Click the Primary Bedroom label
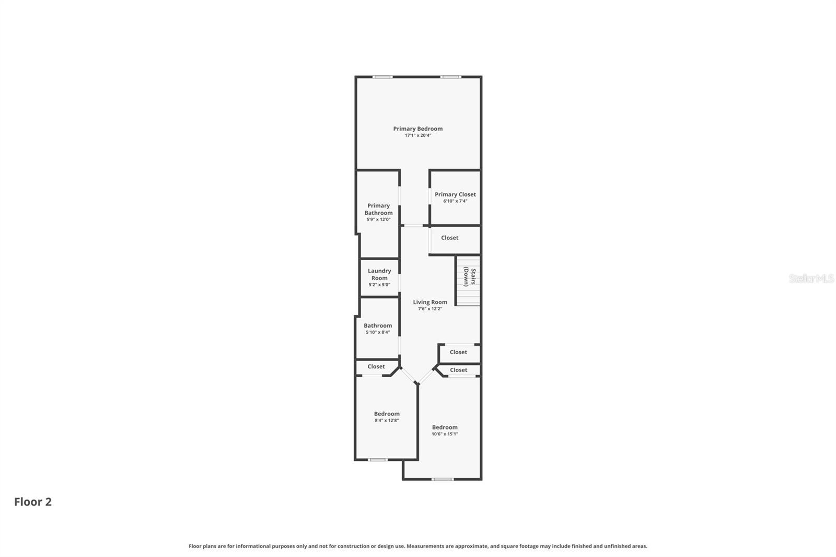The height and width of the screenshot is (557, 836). (417, 129)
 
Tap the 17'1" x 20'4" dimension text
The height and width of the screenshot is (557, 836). (417, 135)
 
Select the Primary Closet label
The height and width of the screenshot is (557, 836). (455, 194)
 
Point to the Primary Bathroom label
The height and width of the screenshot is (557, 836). (378, 209)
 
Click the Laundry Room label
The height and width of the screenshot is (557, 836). (379, 274)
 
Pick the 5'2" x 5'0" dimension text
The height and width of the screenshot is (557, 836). (379, 285)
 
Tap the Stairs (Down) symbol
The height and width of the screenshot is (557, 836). (469, 280)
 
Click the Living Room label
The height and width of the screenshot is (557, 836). (430, 302)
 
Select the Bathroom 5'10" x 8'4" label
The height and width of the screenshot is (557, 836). (378, 326)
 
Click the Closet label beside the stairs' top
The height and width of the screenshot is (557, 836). (449, 238)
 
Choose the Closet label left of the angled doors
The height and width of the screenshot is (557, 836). (376, 367)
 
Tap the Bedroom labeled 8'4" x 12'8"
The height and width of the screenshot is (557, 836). (387, 414)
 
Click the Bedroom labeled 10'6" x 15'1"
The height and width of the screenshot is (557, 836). (445, 427)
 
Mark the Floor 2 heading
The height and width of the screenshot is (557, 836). (33, 502)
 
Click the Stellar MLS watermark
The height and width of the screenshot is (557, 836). (811, 278)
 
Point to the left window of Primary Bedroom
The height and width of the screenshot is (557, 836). (382, 77)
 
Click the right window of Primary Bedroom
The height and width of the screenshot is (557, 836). (450, 77)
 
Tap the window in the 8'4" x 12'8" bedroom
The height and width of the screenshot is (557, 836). (377, 460)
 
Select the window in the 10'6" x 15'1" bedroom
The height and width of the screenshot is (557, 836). (442, 479)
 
